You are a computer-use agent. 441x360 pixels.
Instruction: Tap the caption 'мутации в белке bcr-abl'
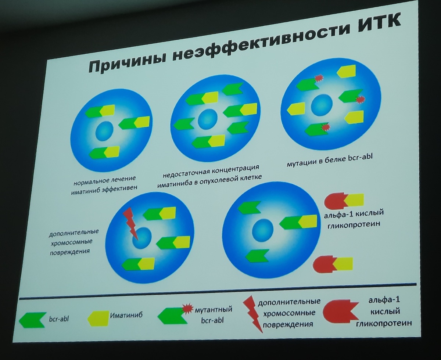pos(330,160)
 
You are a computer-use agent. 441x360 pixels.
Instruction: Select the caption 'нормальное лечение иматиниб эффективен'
pos(104,185)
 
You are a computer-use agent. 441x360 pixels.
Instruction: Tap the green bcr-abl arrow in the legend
pos(33,320)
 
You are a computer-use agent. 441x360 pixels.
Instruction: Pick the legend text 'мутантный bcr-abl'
pos(213,315)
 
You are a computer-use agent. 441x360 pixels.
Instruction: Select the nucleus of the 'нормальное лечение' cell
pos(104,131)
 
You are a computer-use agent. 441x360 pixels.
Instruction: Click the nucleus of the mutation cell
pos(322,105)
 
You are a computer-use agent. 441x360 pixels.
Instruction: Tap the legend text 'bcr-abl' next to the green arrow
pos(59,319)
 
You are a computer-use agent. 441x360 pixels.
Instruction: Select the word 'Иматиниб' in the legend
pos(126,314)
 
